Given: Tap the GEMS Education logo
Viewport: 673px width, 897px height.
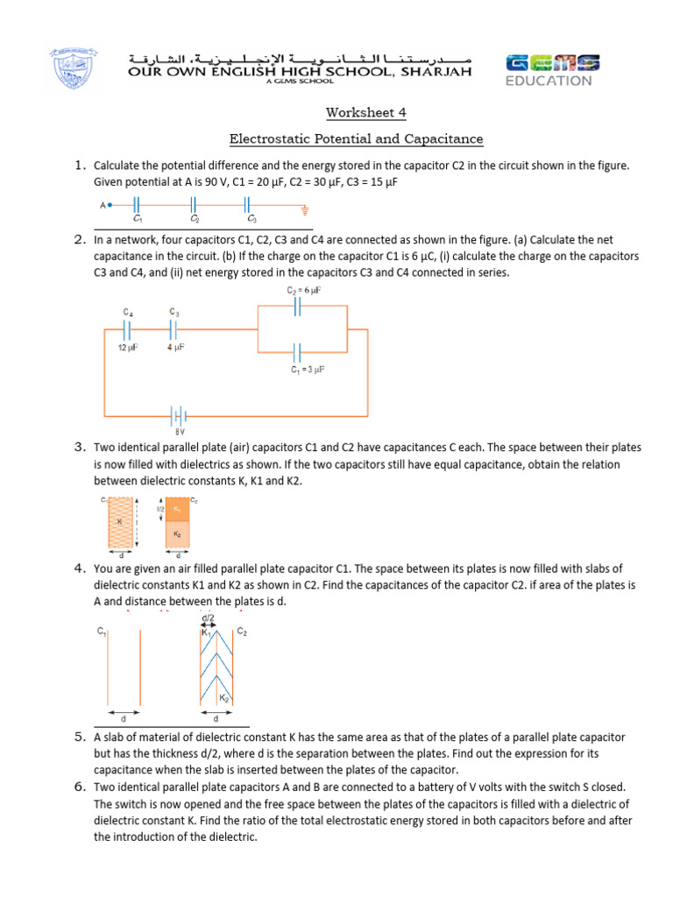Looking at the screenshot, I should (x=552, y=70).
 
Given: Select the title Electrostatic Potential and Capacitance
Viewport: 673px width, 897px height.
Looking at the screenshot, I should (x=356, y=139).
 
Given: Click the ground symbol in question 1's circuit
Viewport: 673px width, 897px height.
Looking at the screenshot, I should (x=305, y=209).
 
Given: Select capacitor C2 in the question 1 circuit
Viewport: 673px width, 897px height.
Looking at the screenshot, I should (x=195, y=207).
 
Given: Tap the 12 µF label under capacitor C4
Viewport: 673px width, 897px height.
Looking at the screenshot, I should (x=129, y=349).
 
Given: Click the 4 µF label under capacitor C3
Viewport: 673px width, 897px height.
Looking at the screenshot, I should (x=174, y=349).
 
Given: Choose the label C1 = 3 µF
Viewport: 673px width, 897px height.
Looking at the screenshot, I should (x=308, y=371).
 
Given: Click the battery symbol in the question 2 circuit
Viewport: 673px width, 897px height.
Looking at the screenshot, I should (x=179, y=414).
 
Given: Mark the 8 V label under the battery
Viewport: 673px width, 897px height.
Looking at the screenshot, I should (x=179, y=432).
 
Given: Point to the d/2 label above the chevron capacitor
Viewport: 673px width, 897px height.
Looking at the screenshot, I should (x=208, y=617).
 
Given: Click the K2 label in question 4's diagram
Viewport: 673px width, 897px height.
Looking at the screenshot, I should (x=223, y=698).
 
